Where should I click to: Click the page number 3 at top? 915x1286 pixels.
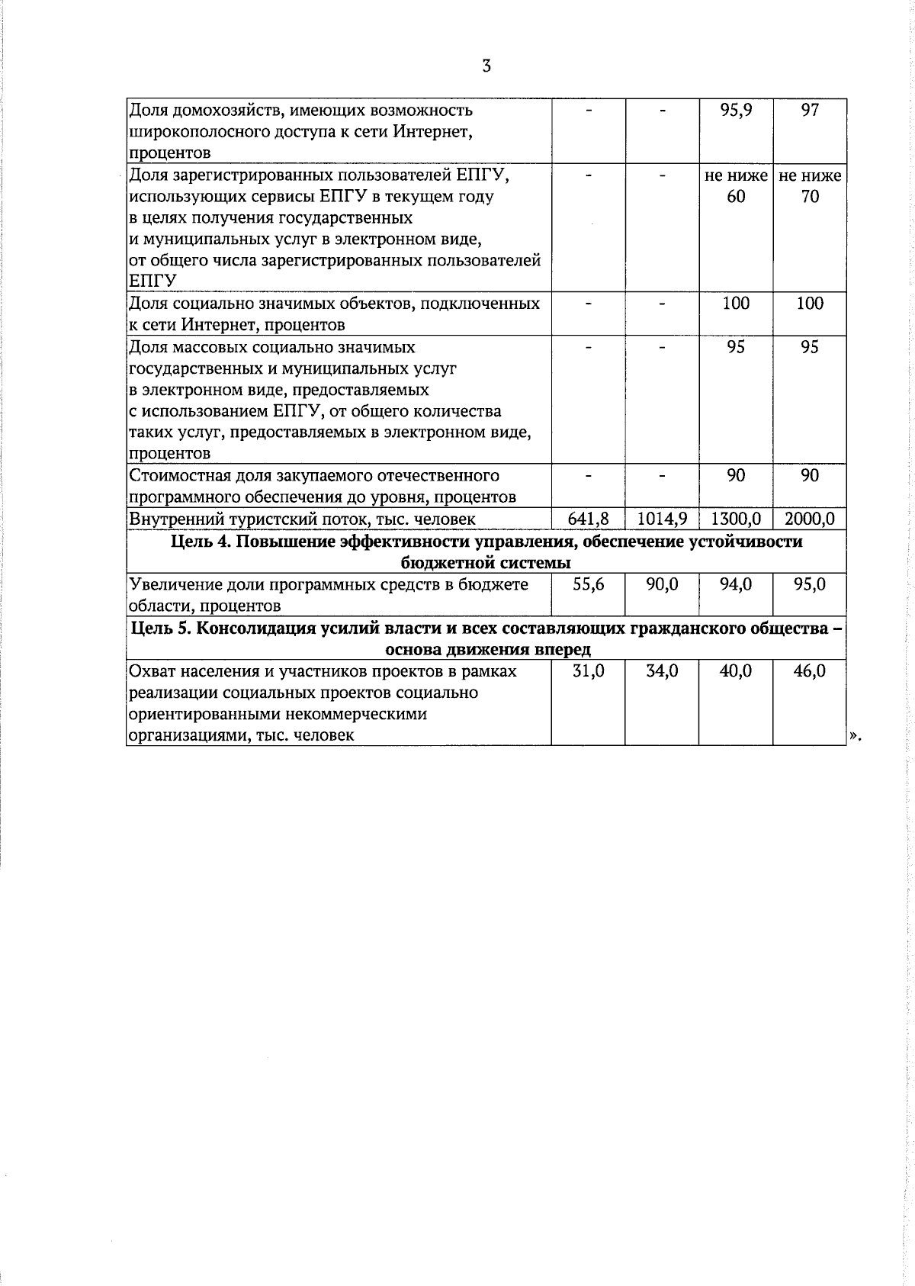click(486, 66)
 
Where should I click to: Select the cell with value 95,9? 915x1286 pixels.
click(736, 111)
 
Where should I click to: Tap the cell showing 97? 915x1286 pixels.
click(810, 111)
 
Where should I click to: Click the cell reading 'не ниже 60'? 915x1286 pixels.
click(736, 186)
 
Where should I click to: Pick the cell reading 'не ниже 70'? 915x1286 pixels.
click(810, 186)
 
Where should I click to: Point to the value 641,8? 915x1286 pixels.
click(588, 519)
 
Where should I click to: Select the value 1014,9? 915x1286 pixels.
click(662, 519)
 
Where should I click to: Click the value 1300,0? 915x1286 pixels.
click(736, 519)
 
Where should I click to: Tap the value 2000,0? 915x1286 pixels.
click(810, 519)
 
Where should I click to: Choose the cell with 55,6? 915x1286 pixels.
click(588, 585)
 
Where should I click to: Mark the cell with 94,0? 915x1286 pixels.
click(736, 585)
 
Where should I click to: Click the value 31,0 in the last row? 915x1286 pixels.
click(588, 672)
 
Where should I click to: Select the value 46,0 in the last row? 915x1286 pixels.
click(810, 672)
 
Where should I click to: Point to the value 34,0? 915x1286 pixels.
click(662, 672)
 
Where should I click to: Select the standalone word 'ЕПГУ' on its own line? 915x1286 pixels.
click(153, 281)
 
